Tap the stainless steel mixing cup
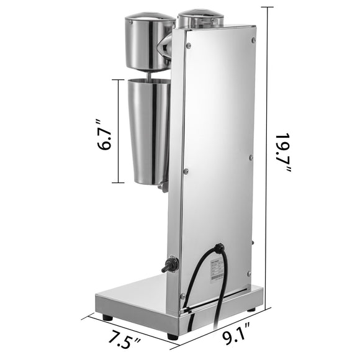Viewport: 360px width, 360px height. click(148, 130)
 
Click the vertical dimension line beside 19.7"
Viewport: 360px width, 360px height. click(268, 155)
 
